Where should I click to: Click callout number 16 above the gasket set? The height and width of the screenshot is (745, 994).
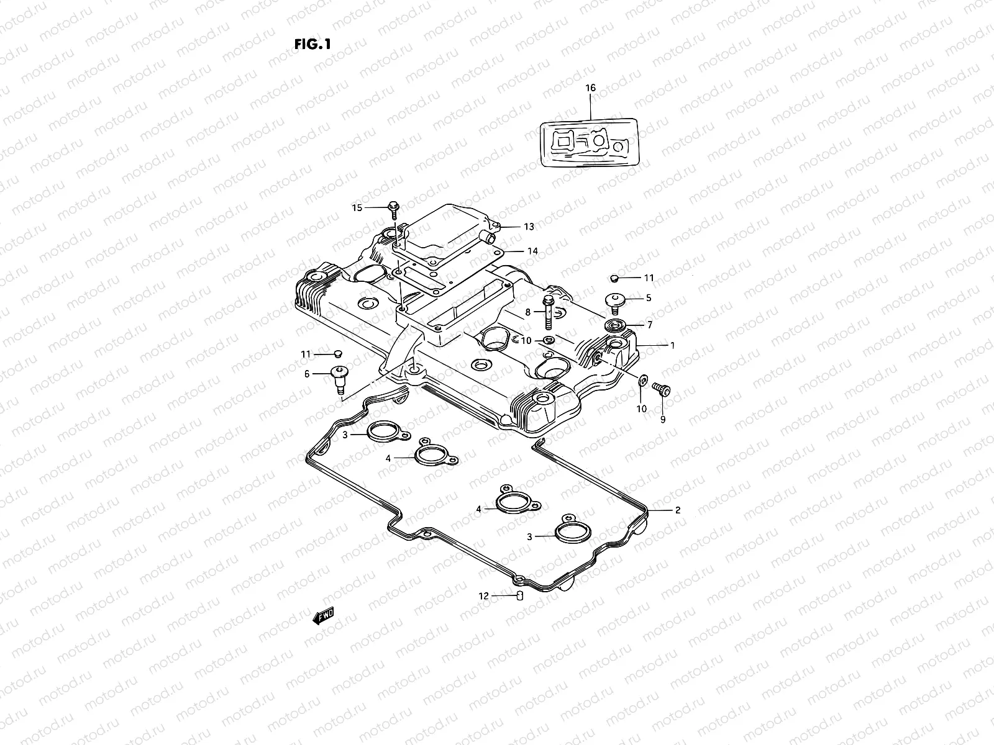(590, 88)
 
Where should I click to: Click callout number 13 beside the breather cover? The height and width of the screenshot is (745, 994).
(529, 227)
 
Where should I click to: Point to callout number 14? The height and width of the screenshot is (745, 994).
(532, 251)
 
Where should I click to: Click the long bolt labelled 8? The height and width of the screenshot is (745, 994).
(549, 314)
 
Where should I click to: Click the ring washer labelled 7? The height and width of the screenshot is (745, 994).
(617, 325)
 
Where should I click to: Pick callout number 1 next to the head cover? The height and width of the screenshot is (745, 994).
(672, 345)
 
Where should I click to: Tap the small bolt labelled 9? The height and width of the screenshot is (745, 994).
(661, 389)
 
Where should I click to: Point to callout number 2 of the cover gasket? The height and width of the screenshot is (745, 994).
(678, 510)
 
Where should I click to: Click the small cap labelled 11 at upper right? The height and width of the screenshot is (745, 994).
(614, 278)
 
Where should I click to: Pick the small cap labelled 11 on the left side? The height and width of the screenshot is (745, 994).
(338, 353)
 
